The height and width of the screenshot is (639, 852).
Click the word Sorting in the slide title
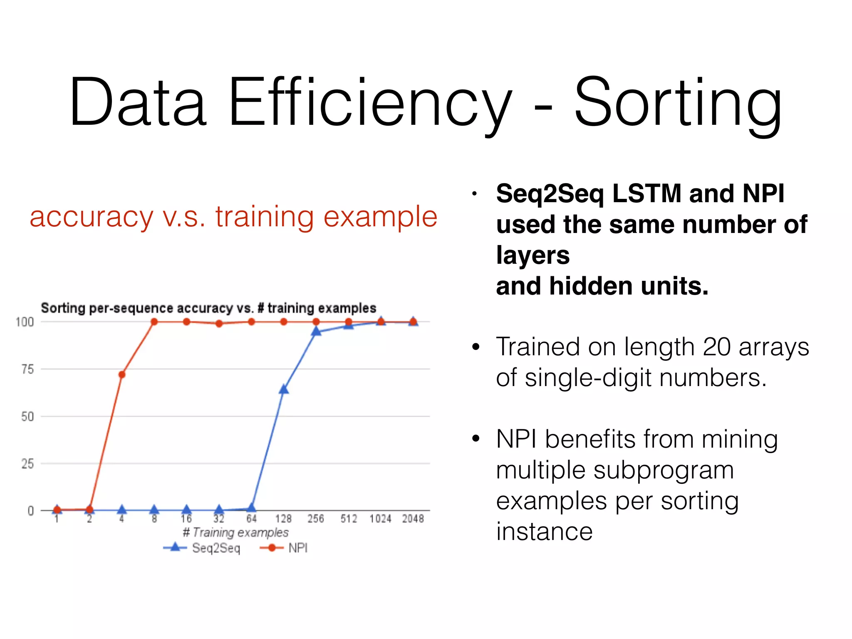[x=678, y=103]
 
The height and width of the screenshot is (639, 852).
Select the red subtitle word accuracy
[x=92, y=217]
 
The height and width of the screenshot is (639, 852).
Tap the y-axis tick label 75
[x=27, y=369]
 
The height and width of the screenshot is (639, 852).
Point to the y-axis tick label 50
[x=27, y=416]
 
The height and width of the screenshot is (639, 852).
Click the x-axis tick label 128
[x=283, y=519]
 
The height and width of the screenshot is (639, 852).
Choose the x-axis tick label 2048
[x=413, y=519]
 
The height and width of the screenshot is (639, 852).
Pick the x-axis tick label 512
[x=349, y=519]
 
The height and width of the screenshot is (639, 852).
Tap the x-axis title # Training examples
[x=235, y=532]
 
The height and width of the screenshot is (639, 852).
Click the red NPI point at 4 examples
[x=122, y=375]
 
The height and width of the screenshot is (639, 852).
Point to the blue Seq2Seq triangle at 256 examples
[x=316, y=332]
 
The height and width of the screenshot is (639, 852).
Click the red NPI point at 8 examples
[x=154, y=322]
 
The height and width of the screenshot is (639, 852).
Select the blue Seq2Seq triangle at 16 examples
[x=187, y=510]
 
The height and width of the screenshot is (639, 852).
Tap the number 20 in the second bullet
[x=716, y=347]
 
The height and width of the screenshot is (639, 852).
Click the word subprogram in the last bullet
[x=663, y=471]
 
